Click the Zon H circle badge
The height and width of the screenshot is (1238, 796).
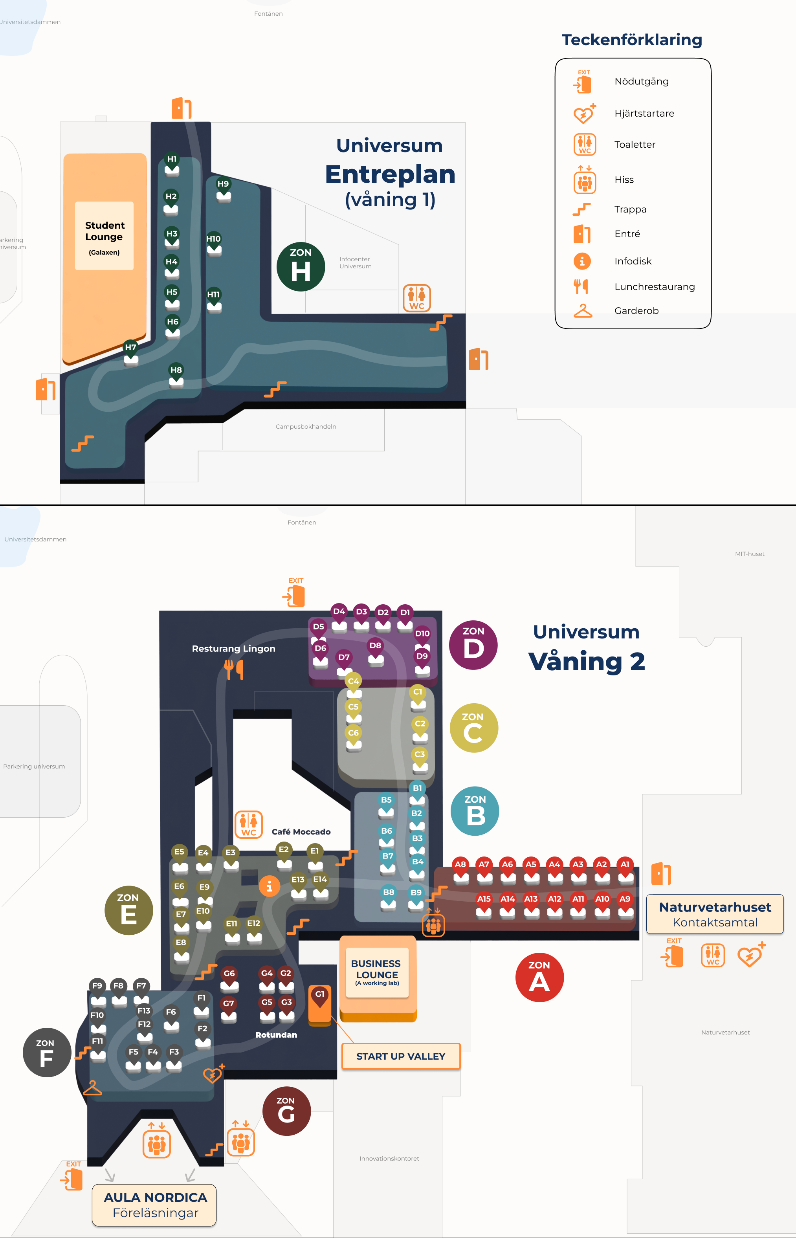click(x=301, y=267)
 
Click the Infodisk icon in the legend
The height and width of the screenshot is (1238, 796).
click(x=582, y=261)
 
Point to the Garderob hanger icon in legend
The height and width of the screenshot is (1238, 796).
click(x=583, y=311)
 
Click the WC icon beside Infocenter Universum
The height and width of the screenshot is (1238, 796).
click(x=416, y=298)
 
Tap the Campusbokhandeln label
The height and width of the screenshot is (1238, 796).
click(x=306, y=426)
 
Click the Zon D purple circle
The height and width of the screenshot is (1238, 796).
click(x=473, y=645)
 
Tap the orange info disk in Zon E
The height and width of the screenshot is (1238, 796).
click(x=269, y=886)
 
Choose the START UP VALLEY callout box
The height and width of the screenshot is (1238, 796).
click(x=401, y=1056)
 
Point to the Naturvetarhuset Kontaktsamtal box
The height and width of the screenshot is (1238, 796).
click(x=715, y=914)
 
